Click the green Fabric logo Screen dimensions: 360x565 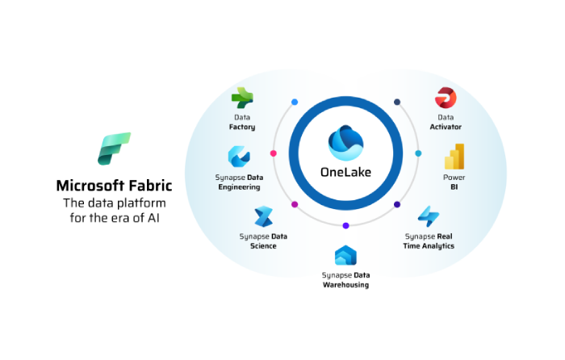(x=114, y=149)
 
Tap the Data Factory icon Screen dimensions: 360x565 (x=242, y=98)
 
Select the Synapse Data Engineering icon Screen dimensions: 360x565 (x=239, y=156)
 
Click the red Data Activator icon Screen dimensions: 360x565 (x=446, y=98)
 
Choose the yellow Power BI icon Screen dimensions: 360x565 (x=454, y=157)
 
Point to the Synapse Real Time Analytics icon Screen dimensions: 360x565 (x=429, y=216)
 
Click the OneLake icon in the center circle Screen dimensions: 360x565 (x=345, y=142)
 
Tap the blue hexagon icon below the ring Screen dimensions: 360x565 (x=345, y=256)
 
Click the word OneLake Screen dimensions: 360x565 (x=345, y=171)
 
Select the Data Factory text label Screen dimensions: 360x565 (x=242, y=122)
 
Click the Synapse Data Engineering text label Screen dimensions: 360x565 (x=239, y=182)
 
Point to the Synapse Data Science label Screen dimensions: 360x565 (x=263, y=241)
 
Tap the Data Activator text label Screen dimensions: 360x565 (x=446, y=122)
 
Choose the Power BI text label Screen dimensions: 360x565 (x=454, y=182)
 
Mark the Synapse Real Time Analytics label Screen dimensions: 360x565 (x=429, y=241)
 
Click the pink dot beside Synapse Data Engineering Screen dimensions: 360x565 (x=273, y=153)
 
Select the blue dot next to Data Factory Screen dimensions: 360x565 (x=295, y=103)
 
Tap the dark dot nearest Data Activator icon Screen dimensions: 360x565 (x=397, y=103)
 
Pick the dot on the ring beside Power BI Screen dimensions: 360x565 (x=418, y=153)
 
